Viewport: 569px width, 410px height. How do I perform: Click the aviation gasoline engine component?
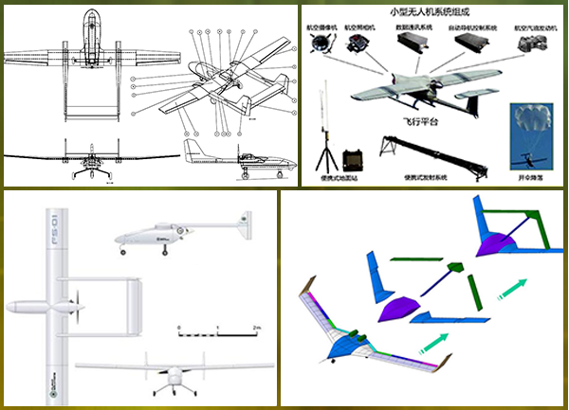point(535,45)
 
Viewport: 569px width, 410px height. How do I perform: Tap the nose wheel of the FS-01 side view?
point(122,252)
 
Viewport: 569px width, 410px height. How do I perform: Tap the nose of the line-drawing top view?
point(89,13)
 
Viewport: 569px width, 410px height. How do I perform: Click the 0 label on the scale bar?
point(179,327)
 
